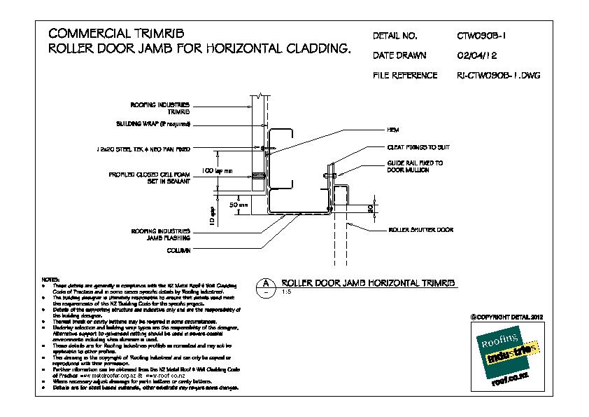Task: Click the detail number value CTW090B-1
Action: tap(485, 36)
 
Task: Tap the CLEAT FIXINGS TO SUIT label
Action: tap(418, 148)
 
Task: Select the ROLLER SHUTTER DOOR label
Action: tap(421, 229)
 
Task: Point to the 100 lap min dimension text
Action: tap(216, 170)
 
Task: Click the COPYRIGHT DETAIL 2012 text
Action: tap(506, 317)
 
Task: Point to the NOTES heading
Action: tap(52, 279)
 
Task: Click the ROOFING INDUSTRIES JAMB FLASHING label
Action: tap(161, 233)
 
